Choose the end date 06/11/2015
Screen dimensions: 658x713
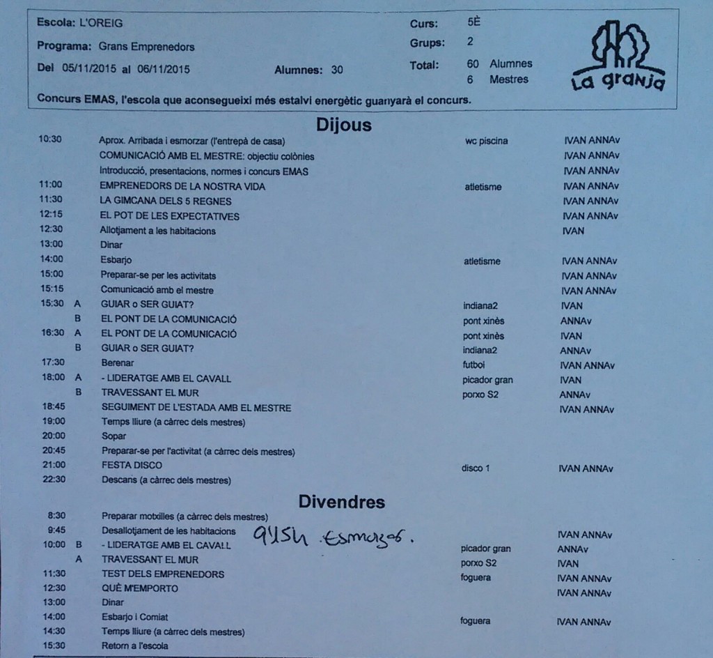click(x=162, y=70)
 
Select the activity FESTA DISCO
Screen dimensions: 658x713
click(x=132, y=465)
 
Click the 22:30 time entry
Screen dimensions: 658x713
click(x=53, y=480)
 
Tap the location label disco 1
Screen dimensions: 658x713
click(x=476, y=468)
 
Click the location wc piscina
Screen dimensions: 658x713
click(x=486, y=141)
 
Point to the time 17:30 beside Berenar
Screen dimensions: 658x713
click(x=53, y=362)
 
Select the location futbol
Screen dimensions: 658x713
click(x=476, y=364)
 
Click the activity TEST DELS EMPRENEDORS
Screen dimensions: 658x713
click(x=163, y=574)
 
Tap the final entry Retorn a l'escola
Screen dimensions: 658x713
click(x=134, y=646)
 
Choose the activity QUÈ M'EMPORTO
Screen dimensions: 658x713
click(x=139, y=588)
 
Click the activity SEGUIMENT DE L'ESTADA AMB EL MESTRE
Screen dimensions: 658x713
click(x=196, y=407)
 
